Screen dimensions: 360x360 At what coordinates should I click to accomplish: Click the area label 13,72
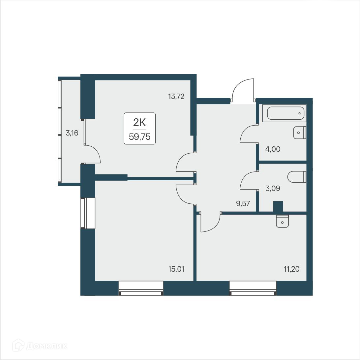coord(176,97)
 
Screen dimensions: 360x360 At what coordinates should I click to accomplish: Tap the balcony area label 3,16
coord(72,134)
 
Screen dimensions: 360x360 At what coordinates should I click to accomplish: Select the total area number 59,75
coord(139,137)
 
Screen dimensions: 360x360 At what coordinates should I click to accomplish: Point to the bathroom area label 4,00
coord(273,149)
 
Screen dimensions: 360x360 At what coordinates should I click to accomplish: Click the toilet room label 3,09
coord(273,189)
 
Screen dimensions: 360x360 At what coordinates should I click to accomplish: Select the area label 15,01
coord(176,269)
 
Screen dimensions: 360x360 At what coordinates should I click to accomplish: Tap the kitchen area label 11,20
coord(292,269)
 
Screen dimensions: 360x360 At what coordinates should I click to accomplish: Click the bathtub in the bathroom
coord(284,113)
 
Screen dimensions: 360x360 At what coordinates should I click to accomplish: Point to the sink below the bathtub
coord(300,133)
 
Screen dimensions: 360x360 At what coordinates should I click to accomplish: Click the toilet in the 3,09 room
coord(297,177)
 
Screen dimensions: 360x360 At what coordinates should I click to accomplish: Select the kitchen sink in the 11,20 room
coord(282,221)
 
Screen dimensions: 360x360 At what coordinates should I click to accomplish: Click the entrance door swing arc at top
coord(243,89)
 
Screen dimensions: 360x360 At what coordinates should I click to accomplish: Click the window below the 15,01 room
coord(141,288)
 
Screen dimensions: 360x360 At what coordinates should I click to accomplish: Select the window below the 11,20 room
coord(253,288)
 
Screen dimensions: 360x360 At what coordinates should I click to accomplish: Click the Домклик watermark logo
coord(40,346)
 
